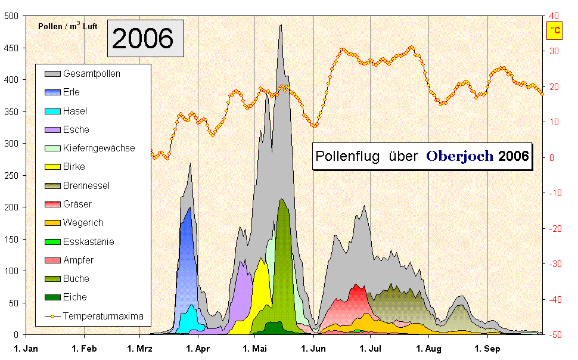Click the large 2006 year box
(x=145, y=39)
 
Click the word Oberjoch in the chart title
(x=459, y=156)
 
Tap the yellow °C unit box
(x=555, y=30)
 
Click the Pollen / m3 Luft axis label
(x=67, y=26)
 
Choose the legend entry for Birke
(x=74, y=167)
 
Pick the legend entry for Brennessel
(x=86, y=185)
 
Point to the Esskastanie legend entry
(x=88, y=241)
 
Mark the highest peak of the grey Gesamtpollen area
(x=281, y=26)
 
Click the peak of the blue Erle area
(x=189, y=208)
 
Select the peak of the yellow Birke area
(x=261, y=259)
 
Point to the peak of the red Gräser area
(x=357, y=285)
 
